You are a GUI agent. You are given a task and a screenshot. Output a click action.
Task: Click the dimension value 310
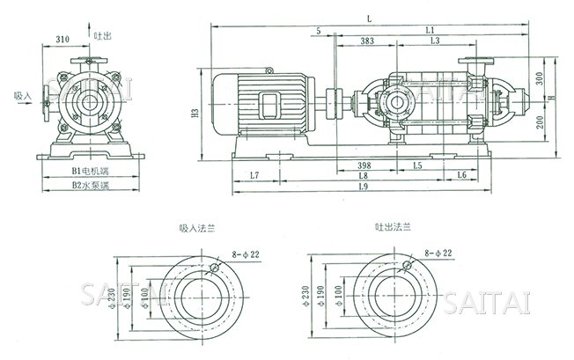coord(63,40)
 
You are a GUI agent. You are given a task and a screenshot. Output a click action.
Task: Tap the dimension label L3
coord(434,40)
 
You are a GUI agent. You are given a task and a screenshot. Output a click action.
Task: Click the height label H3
coord(195,114)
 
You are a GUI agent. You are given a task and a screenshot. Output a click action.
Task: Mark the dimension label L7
coord(255,176)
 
